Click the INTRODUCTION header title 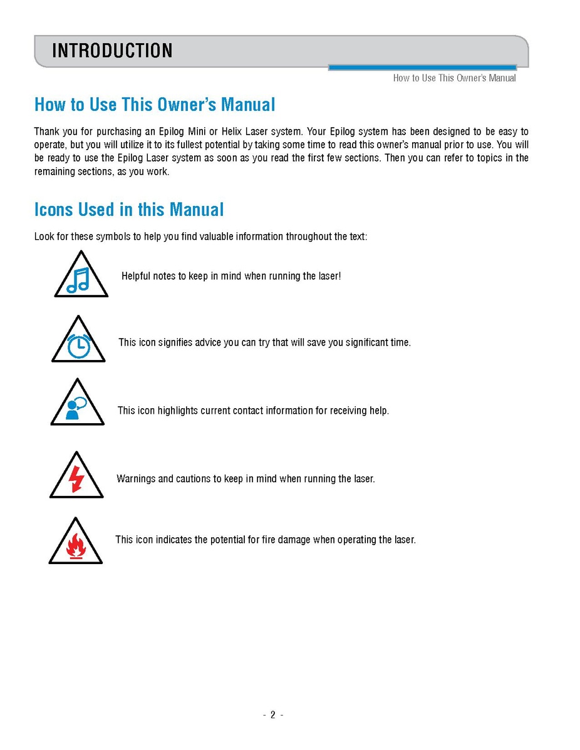pyautogui.click(x=112, y=51)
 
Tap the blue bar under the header pyautogui.click(x=422, y=68)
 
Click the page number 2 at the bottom pyautogui.click(x=273, y=715)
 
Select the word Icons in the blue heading pyautogui.click(x=54, y=209)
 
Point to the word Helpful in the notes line pyautogui.click(x=136, y=276)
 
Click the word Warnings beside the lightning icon pyautogui.click(x=136, y=479)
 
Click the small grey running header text pyautogui.click(x=454, y=78)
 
